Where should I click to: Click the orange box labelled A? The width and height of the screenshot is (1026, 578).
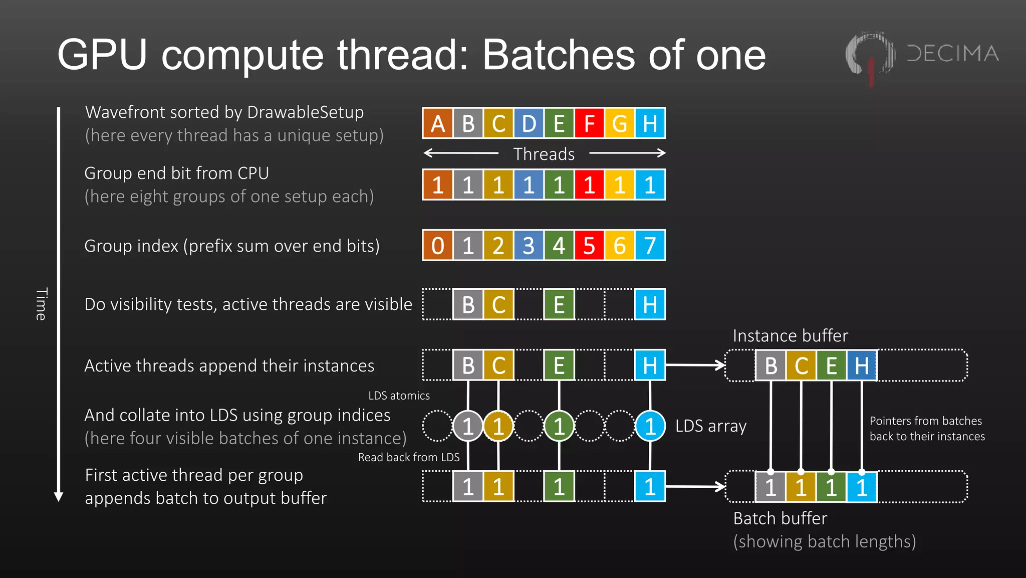437,123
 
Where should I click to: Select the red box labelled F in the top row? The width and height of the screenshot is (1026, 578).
589,123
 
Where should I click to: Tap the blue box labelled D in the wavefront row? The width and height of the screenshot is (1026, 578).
529,123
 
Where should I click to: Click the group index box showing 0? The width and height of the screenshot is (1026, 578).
437,246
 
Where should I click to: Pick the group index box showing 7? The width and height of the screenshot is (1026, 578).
650,246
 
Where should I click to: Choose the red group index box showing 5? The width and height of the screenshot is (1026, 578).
589,246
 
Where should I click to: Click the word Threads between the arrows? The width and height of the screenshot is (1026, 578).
544,154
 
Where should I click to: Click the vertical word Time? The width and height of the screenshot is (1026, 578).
41,304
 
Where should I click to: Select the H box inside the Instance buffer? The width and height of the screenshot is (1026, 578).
862,366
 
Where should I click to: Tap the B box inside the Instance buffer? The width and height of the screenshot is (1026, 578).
771,366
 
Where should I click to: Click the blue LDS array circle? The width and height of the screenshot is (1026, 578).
650,427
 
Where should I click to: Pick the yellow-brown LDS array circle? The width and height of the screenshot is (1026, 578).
498,427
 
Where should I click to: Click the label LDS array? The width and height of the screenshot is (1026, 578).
710,426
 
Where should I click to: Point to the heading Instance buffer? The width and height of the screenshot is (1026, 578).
790,336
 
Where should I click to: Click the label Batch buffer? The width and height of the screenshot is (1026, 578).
780,518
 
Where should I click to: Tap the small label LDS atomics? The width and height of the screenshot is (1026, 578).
399,396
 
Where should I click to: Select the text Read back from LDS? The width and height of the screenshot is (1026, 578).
408,457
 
